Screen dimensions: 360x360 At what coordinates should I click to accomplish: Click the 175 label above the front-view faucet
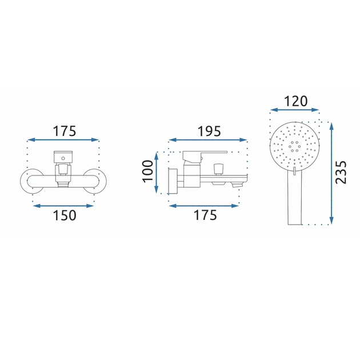[64, 131]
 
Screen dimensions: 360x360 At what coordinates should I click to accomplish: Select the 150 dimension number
[64, 215]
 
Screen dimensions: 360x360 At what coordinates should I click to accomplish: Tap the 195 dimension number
[209, 131]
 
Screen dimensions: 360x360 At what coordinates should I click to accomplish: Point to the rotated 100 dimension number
[147, 171]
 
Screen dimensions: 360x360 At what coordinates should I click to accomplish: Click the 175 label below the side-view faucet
[205, 215]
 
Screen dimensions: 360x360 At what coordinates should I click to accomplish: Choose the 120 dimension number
[295, 101]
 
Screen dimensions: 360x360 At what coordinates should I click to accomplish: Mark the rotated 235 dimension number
[341, 173]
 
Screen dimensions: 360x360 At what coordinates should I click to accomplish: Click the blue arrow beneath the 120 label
[295, 110]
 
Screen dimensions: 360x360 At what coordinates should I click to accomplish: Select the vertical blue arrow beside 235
[331, 173]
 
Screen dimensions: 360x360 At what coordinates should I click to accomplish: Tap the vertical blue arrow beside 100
[157, 173]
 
